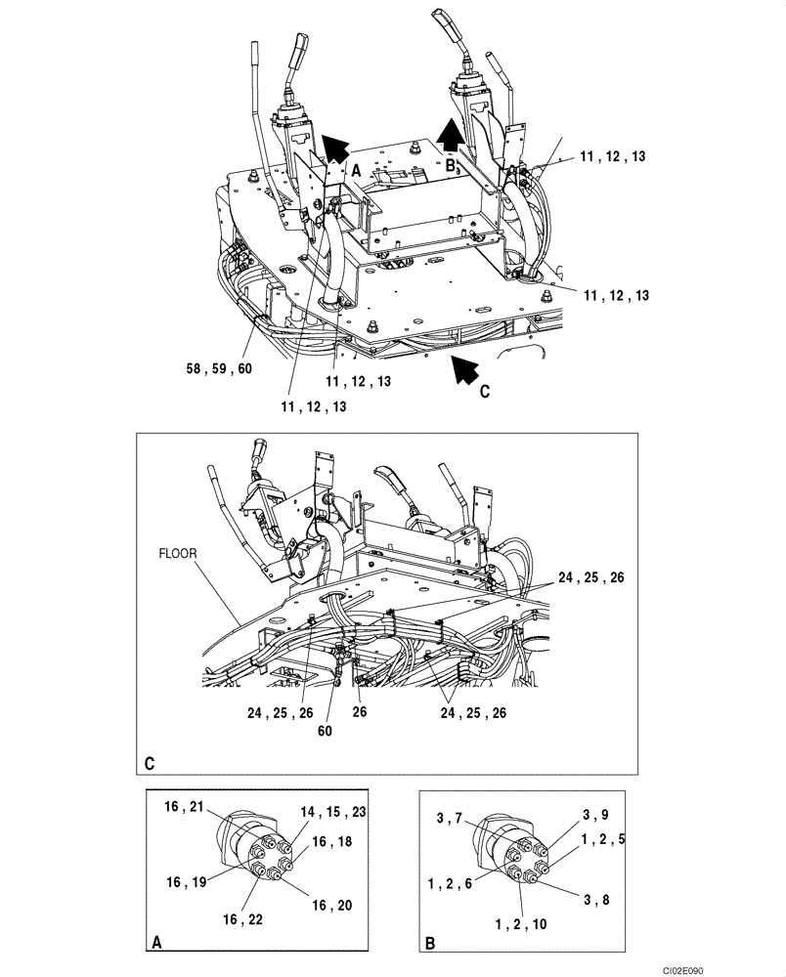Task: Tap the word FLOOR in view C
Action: pos(177,552)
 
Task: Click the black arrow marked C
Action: pos(464,368)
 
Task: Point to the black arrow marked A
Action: pos(334,148)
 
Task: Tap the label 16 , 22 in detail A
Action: pos(240,918)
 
